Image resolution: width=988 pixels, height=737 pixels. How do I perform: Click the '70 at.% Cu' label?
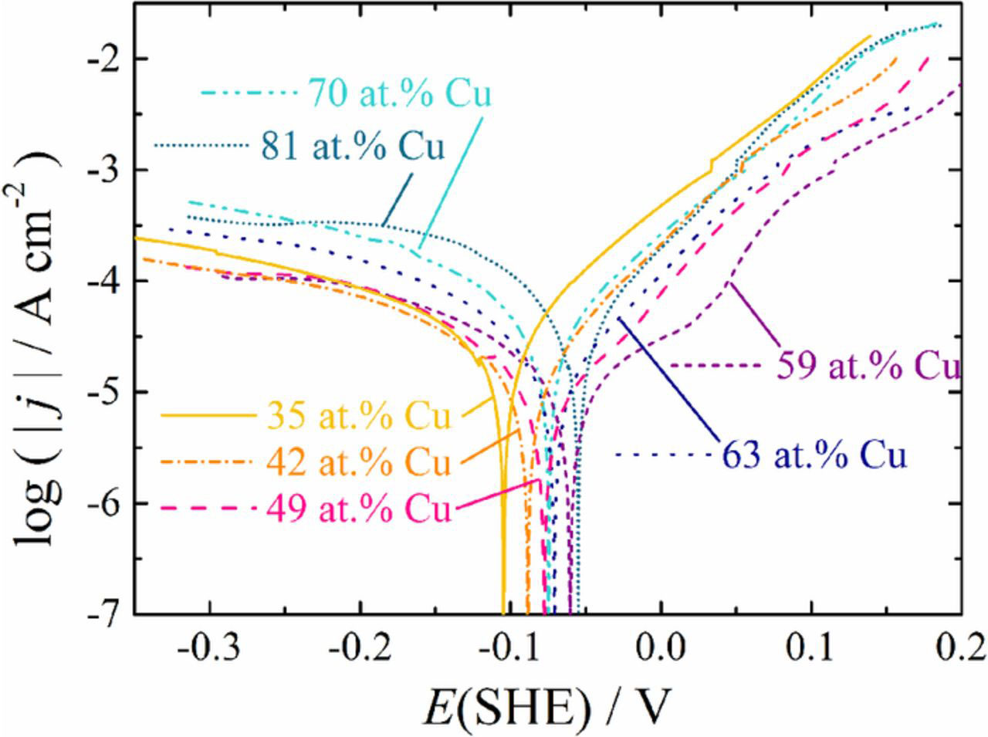[400, 93]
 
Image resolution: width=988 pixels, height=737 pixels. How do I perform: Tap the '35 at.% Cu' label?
[359, 416]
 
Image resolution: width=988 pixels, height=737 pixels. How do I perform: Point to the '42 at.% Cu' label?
[359, 462]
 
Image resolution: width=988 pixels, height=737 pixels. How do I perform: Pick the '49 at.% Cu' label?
[359, 509]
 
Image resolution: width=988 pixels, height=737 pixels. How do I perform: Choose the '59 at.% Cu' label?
[868, 366]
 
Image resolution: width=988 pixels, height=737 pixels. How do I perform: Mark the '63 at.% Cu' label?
[814, 455]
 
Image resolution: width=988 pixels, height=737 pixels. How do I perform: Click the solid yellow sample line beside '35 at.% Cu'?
[208, 415]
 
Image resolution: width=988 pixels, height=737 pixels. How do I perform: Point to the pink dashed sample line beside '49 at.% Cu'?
[208, 508]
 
